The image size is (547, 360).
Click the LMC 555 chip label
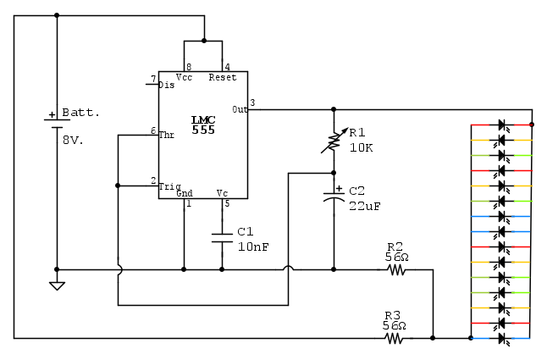pyautogui.click(x=203, y=124)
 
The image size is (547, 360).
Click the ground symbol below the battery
pyautogui.click(x=57, y=285)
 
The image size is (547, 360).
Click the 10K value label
pyautogui.click(x=361, y=147)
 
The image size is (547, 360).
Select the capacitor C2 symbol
pyautogui.click(x=334, y=196)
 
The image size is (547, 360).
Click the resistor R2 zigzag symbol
pyautogui.click(x=396, y=270)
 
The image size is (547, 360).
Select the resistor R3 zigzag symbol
pyautogui.click(x=395, y=338)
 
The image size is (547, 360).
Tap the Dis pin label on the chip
pyautogui.click(x=166, y=85)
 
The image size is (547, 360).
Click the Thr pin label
pyautogui.click(x=167, y=134)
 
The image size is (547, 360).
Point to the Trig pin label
pyautogui.click(x=169, y=186)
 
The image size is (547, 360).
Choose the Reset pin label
pyautogui.click(x=222, y=77)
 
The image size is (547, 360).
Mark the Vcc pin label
pyautogui.click(x=185, y=77)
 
